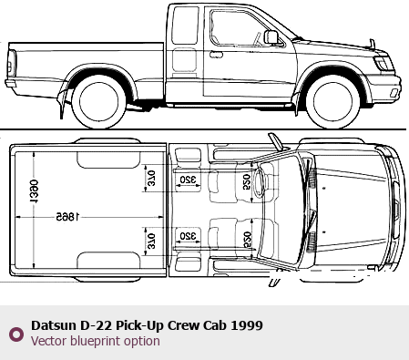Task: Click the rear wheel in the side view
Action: coord(98,102)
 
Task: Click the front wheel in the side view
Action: coord(332,102)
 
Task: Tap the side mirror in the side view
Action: coord(271,37)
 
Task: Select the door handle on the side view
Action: coord(216,55)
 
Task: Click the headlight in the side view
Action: coord(383,64)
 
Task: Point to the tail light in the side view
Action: coord(12,63)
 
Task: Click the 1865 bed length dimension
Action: coord(67,217)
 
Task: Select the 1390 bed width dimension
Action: coord(34,191)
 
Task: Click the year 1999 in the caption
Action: coord(247,325)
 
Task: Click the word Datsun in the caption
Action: coord(54,325)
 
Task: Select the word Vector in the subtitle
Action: coord(48,341)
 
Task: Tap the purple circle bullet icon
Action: coord(16,334)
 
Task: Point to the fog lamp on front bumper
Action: coord(394,93)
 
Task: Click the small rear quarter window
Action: coord(185,26)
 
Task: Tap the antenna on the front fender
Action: coord(372,44)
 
